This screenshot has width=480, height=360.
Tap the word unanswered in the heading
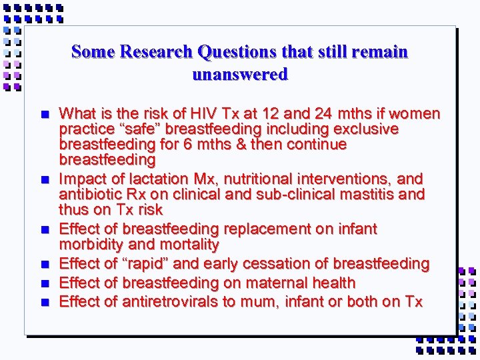[x=240, y=74]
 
